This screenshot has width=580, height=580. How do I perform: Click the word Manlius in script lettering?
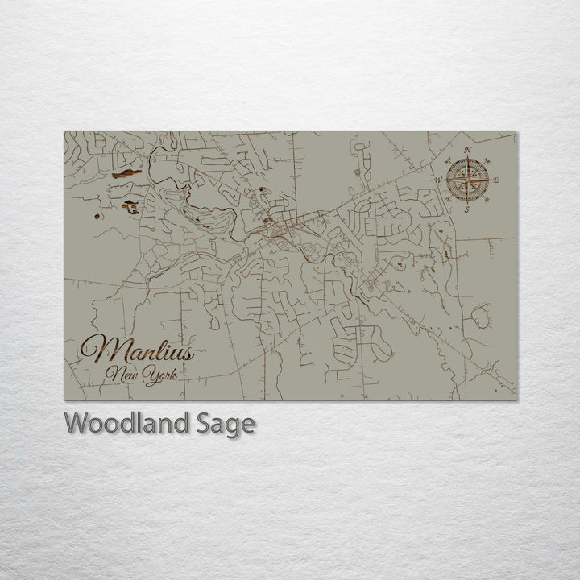(x=137, y=351)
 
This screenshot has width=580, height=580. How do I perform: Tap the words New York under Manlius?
(x=145, y=375)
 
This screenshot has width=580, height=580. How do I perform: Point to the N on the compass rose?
(x=466, y=151)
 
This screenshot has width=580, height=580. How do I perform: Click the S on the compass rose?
(x=466, y=209)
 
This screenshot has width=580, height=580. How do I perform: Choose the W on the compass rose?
(x=438, y=180)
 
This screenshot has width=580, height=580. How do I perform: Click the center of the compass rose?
(x=466, y=180)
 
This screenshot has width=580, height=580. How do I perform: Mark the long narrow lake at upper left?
(x=126, y=172)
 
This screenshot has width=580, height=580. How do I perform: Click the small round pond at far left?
(x=97, y=216)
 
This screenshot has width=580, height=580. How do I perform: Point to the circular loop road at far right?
(x=480, y=316)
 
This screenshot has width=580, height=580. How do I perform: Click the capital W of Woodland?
(x=77, y=423)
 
